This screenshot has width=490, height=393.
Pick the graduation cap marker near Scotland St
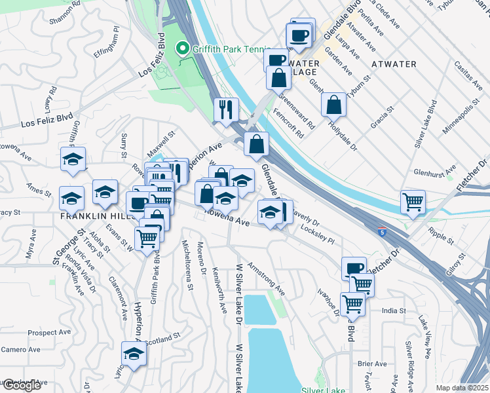coord(134,353)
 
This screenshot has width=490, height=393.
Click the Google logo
coord(21,385)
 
